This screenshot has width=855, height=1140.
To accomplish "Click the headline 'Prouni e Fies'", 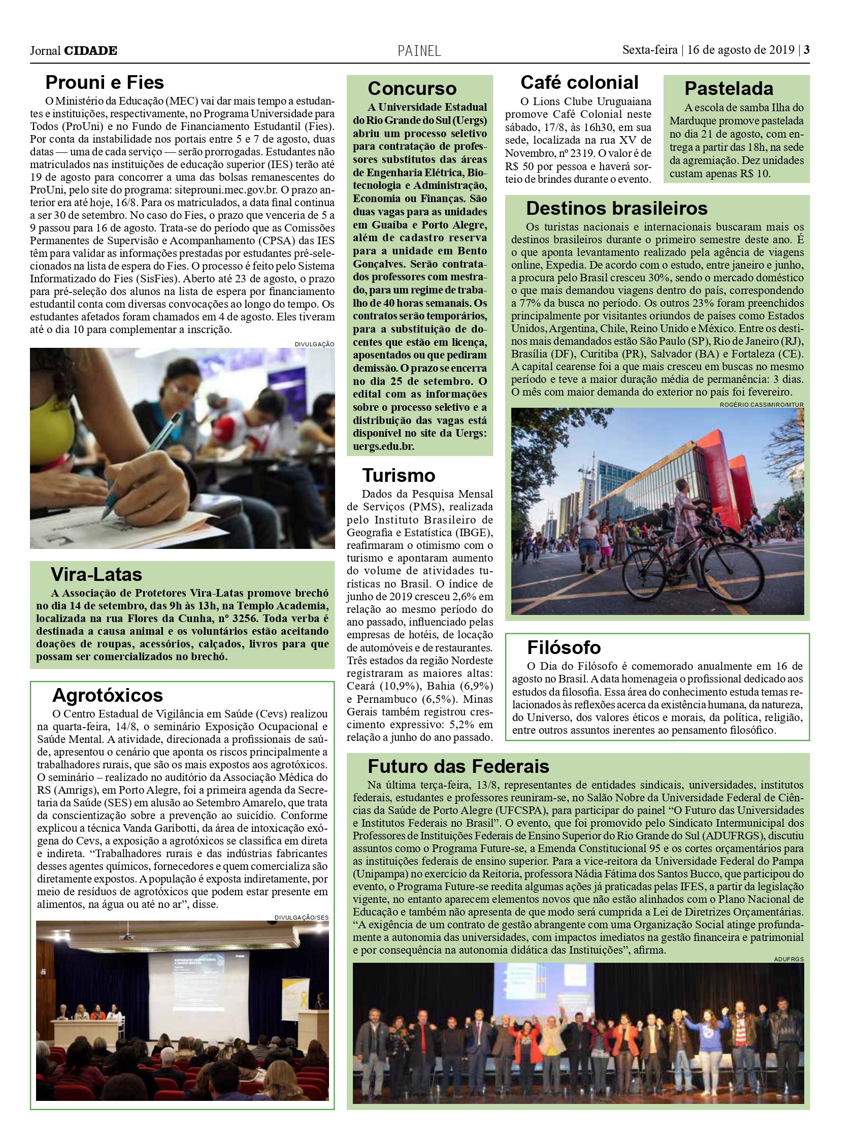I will [x=105, y=82].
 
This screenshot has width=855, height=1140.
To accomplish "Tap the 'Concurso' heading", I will [x=412, y=89].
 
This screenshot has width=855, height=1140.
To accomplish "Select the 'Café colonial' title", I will [x=579, y=82].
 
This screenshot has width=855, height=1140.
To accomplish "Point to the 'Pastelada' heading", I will [x=728, y=89].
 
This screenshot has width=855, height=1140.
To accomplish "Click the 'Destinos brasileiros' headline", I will [x=616, y=208].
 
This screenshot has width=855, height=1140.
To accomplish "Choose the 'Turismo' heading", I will [x=399, y=475].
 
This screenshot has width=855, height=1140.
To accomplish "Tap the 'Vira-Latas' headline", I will [x=96, y=574].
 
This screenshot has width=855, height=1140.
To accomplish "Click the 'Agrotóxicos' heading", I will [x=107, y=695].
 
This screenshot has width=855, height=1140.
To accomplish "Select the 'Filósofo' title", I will [x=564, y=647].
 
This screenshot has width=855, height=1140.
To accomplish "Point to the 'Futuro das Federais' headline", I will [x=458, y=766].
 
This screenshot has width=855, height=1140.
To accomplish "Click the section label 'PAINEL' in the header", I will [x=419, y=51].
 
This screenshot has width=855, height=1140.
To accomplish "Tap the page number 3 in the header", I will [x=807, y=50].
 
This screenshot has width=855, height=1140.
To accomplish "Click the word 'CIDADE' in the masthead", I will [x=90, y=50].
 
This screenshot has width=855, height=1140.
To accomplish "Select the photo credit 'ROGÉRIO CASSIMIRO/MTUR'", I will [x=761, y=405].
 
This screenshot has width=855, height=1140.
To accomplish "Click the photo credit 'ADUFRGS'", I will [x=788, y=959].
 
